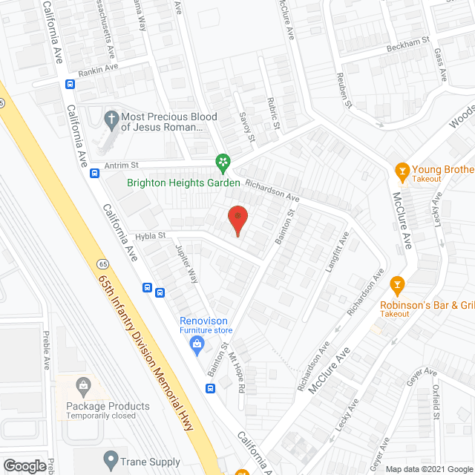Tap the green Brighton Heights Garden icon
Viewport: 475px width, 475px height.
pos(222,161)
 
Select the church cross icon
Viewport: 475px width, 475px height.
pos(111,118)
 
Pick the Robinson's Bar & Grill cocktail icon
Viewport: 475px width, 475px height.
pos(396,285)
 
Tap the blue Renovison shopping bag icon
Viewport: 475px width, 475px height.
pos(197,342)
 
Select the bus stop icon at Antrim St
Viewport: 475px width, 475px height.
pos(95,173)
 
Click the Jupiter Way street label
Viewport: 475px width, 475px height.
pos(186,264)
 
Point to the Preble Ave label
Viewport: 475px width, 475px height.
pos(46,351)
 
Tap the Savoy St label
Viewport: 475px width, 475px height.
pos(249,127)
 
